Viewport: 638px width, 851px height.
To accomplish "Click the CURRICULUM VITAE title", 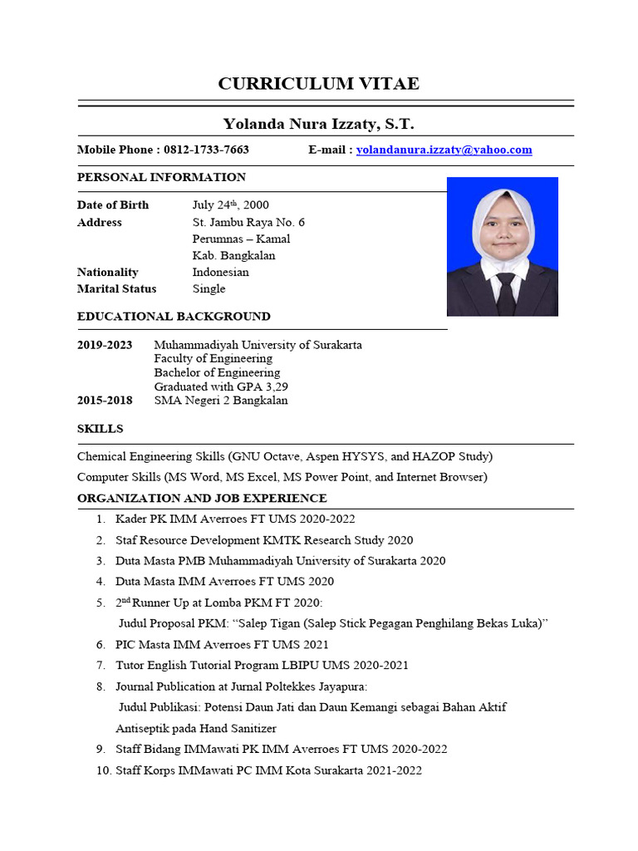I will (x=318, y=83).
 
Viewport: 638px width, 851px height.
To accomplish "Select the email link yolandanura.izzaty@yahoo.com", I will (x=444, y=150).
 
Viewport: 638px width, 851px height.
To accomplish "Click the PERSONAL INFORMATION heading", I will (x=161, y=177).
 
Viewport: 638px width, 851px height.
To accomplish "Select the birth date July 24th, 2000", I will (x=230, y=205).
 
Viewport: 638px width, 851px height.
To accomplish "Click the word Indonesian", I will (x=220, y=273).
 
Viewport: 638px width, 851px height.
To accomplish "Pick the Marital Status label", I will (x=116, y=289).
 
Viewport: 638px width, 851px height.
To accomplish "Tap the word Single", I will (x=209, y=289).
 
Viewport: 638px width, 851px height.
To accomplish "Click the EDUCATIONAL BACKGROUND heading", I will (x=174, y=317).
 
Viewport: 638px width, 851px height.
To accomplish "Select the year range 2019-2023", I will (x=105, y=345).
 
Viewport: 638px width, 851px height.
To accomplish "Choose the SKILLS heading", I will (x=100, y=429).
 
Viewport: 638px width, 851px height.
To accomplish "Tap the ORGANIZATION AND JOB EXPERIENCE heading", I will (x=202, y=499).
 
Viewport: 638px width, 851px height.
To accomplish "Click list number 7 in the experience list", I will (x=100, y=666).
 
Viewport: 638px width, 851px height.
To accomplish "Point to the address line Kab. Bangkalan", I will (x=233, y=256).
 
